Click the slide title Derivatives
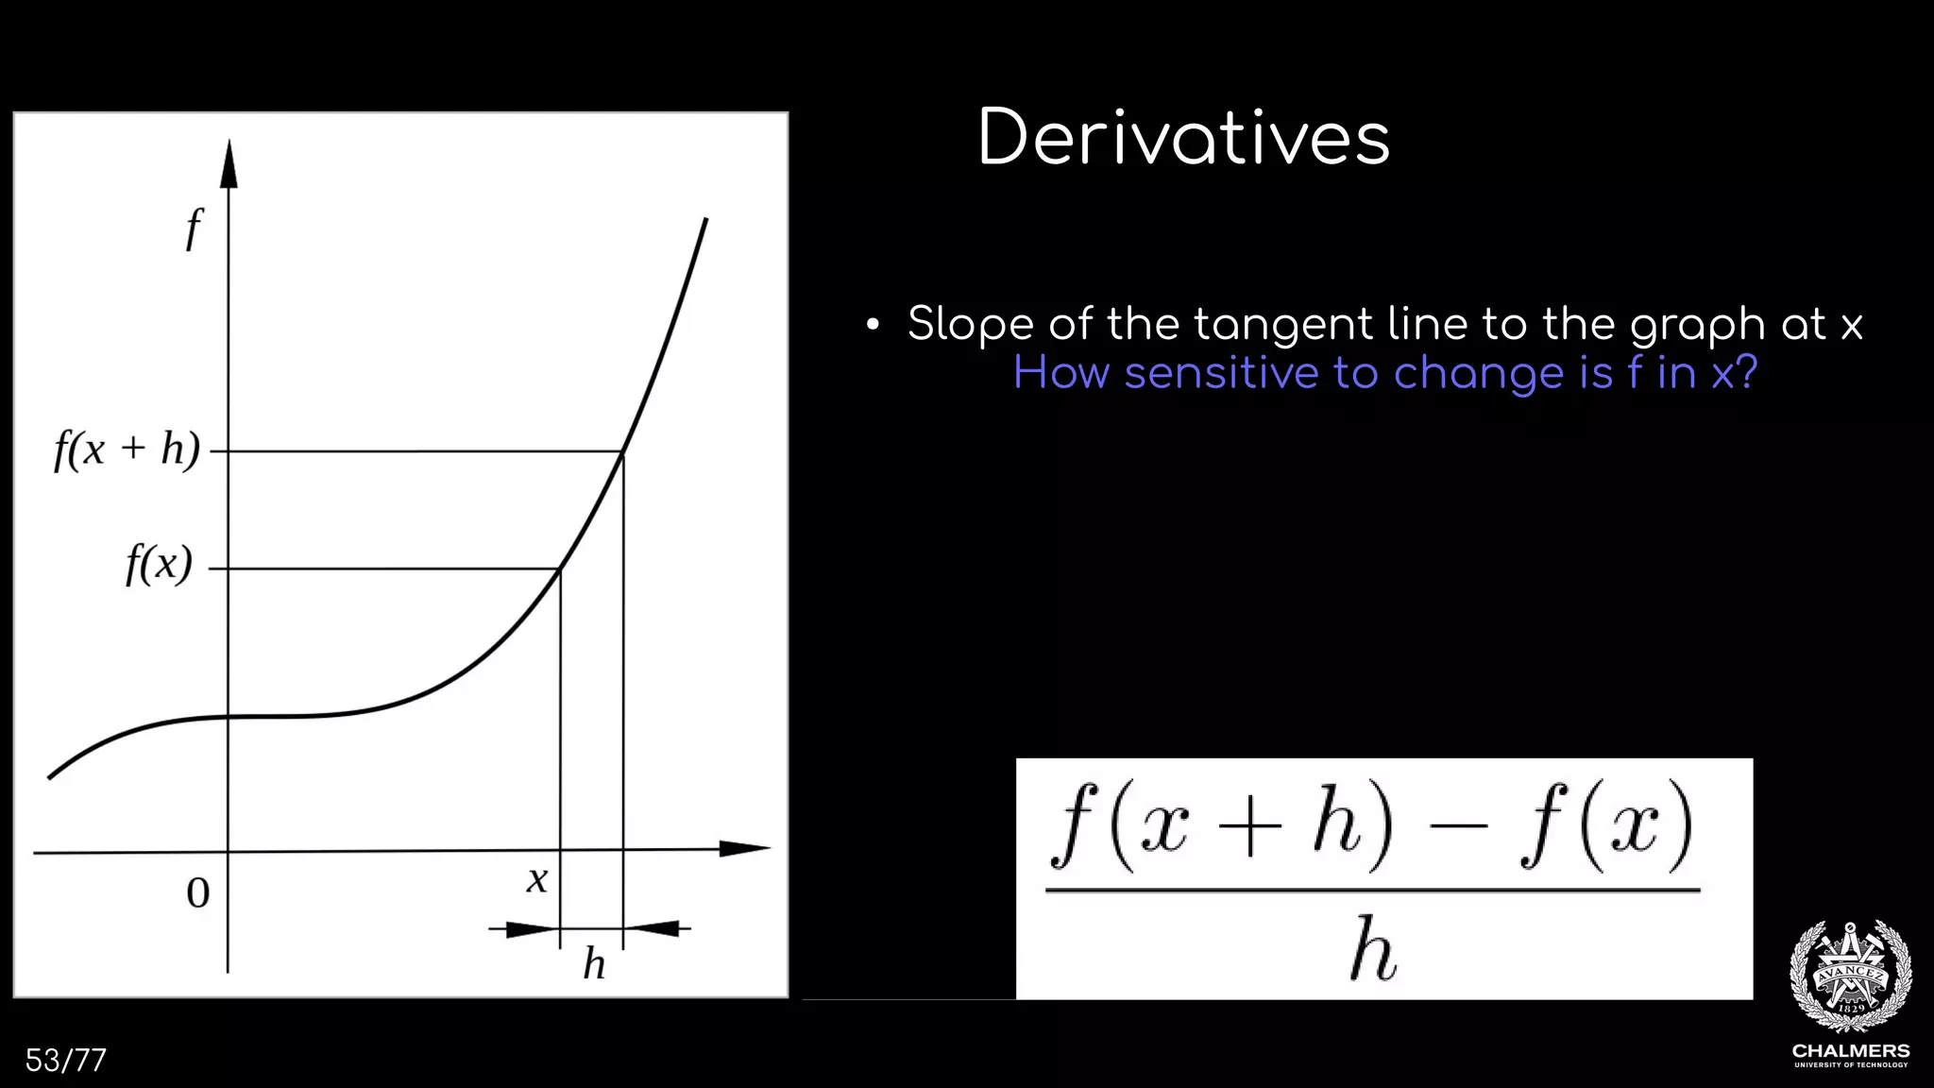pos(1183,138)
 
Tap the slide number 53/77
pos(65,1061)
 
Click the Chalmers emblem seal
pos(1850,976)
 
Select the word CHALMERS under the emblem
pos(1850,1051)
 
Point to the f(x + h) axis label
pos(127,450)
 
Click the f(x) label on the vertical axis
pos(159,565)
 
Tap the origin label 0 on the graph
pos(197,893)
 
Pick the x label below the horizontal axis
pos(536,880)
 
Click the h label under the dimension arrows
pos(593,964)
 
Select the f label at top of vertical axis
pos(194,229)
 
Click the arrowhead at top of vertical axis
pos(229,165)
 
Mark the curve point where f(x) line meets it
pos(560,569)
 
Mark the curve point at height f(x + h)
pos(622,452)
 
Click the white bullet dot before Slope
pos(873,326)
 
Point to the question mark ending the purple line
pos(1747,371)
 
